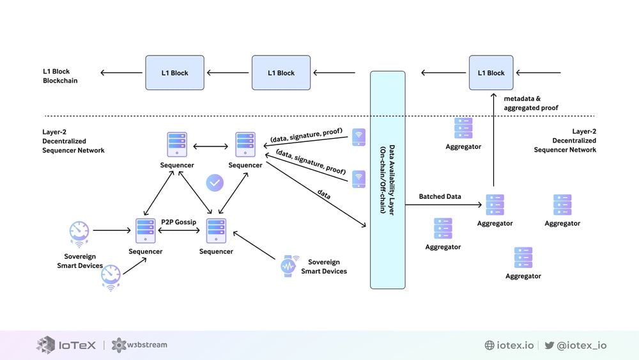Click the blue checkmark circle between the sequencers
coord(215,183)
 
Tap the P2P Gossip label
coord(178,222)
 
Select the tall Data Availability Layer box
coord(387,180)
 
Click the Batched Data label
coord(440,196)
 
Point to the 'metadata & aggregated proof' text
coord(530,104)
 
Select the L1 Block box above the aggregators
coord(491,73)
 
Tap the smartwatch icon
coord(289,265)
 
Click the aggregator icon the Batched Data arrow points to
coord(495,205)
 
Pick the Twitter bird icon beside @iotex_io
coord(549,345)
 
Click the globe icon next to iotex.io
coord(489,345)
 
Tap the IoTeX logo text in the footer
coord(77,345)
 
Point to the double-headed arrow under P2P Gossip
coord(179,231)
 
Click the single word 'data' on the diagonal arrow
coord(323,195)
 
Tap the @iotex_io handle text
coord(581,345)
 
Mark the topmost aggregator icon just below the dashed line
coord(463,128)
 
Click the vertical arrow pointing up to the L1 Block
coord(493,141)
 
